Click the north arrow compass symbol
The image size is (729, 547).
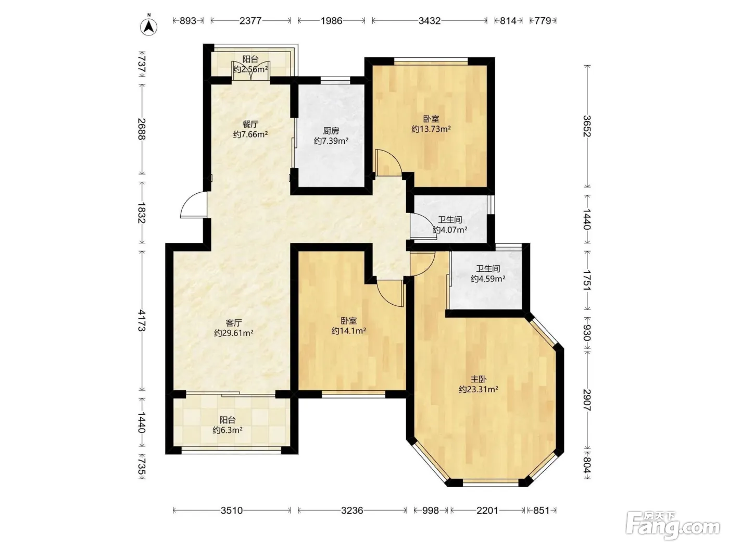click(149, 27)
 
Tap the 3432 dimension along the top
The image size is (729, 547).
click(430, 21)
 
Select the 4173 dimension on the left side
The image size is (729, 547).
click(142, 320)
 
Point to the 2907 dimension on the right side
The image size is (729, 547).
click(587, 400)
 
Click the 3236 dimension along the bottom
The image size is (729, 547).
click(351, 510)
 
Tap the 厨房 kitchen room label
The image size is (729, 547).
click(331, 131)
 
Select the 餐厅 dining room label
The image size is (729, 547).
click(250, 124)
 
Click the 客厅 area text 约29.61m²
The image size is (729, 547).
click(234, 333)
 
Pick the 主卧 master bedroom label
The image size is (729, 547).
click(478, 379)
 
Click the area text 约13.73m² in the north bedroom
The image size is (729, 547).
click(431, 129)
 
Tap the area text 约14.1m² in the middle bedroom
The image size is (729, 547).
click(349, 331)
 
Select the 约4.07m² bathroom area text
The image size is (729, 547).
click(450, 230)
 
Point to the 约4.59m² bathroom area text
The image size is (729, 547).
click(488, 279)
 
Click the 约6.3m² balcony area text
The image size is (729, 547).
click(228, 430)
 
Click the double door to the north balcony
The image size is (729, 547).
click(251, 71)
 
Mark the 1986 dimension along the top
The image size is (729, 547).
click(331, 21)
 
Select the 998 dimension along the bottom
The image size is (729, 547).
click(431, 510)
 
